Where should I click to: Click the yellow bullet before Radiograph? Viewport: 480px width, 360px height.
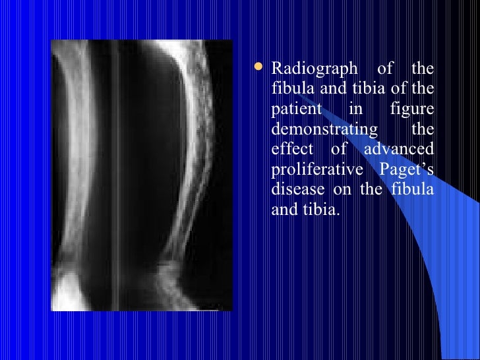point(262,67)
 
